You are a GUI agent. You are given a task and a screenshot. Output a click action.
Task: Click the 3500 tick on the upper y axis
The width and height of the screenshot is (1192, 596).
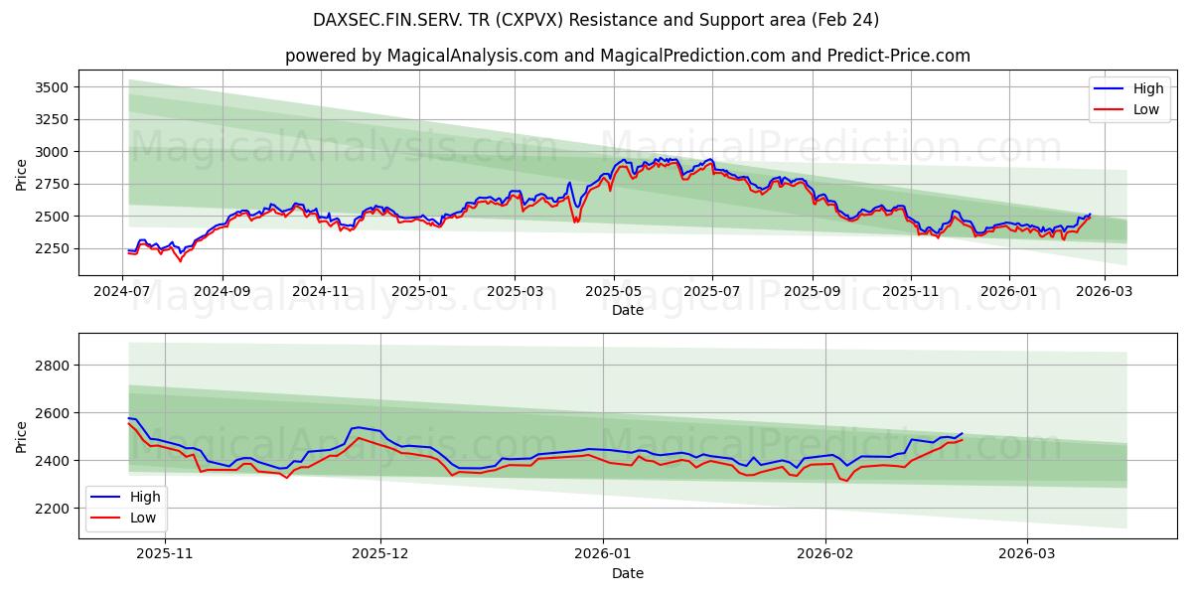(52, 87)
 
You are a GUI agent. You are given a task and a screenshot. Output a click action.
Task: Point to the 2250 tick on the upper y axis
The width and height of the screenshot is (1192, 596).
(52, 248)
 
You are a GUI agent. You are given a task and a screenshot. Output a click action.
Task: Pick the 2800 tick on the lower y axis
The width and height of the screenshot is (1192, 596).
(52, 366)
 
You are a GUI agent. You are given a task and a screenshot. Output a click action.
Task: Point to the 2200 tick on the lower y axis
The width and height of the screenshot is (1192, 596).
(52, 509)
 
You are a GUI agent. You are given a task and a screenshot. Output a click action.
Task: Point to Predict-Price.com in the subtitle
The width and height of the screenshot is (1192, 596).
(900, 56)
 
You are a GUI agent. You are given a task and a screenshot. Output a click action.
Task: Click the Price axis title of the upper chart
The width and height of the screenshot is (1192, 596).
(22, 174)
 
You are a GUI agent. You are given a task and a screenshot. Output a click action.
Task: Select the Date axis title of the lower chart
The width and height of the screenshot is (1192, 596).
(627, 573)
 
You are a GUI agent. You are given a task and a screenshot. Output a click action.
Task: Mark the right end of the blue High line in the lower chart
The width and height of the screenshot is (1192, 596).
(962, 433)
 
